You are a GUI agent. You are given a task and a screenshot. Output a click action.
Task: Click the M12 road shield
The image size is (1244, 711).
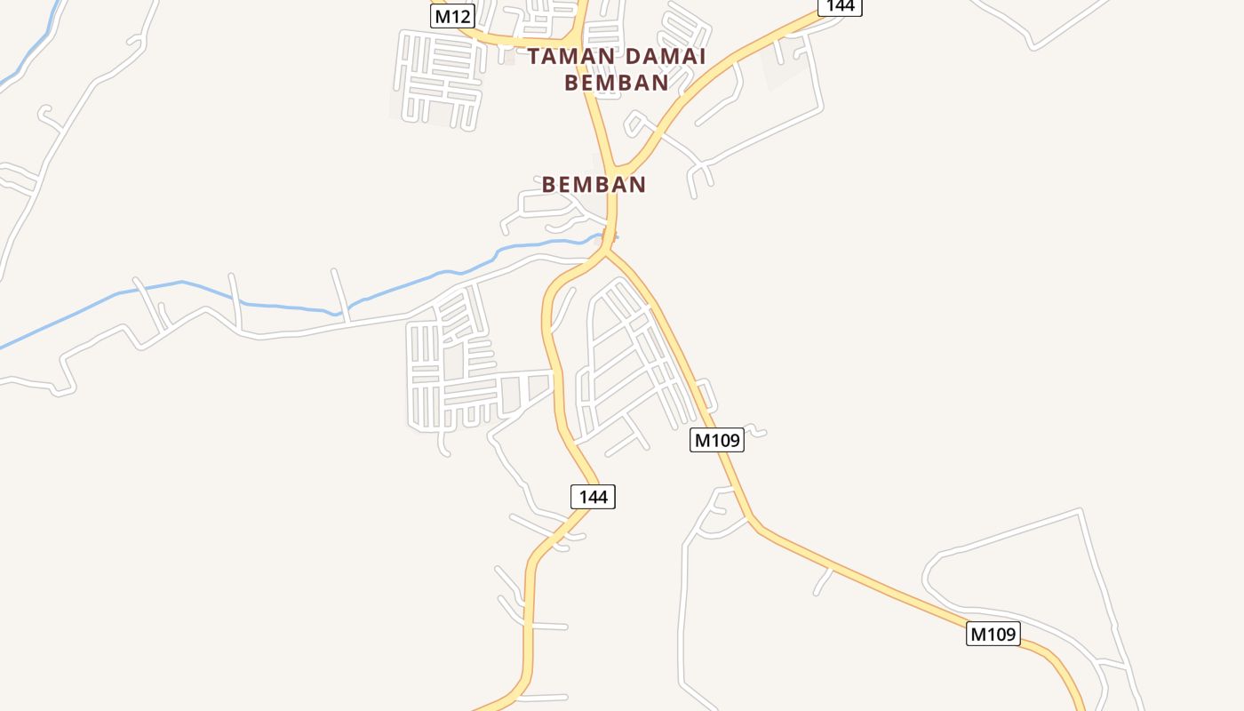[x=452, y=15]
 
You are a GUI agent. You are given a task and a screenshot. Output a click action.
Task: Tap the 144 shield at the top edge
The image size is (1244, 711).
[x=840, y=5]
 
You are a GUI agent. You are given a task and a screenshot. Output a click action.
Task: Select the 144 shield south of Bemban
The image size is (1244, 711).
[x=593, y=497]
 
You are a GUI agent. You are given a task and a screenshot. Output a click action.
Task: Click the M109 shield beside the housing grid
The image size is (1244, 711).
[x=716, y=440]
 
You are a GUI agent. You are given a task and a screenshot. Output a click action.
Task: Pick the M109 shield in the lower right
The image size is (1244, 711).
[x=993, y=634]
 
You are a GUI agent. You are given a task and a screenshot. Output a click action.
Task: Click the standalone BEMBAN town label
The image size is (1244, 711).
[x=594, y=185]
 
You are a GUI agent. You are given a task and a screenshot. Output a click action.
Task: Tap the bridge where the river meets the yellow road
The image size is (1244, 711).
[x=610, y=236]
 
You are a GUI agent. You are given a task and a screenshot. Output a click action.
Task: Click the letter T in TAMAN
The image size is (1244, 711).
[x=534, y=57]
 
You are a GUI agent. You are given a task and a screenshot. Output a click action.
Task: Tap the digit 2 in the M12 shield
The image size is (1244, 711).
[x=466, y=15]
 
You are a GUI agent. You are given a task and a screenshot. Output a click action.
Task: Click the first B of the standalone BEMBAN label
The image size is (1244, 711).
[x=548, y=185]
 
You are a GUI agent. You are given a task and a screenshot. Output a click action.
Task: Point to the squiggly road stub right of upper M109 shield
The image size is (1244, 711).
[x=756, y=432]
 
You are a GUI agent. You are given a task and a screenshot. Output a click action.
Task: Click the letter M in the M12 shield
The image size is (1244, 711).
[x=442, y=15]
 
